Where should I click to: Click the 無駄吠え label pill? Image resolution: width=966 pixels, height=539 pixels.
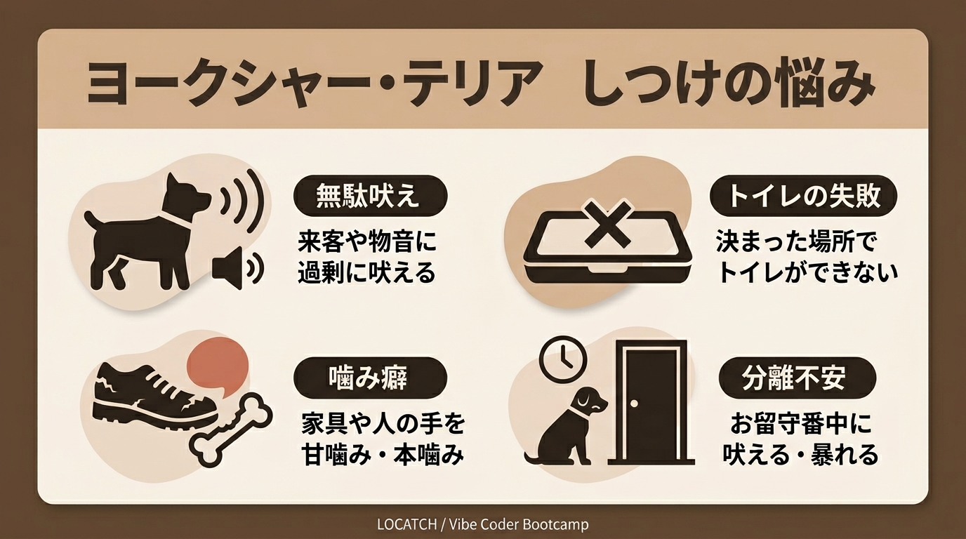(x=370, y=197)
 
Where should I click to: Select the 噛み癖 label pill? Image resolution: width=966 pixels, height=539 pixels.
(x=370, y=378)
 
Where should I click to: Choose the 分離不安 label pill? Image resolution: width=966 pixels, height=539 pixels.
(x=798, y=378)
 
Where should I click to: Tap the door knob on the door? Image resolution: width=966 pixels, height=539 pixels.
(x=633, y=404)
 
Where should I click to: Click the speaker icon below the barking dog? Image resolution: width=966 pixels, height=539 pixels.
(x=237, y=269)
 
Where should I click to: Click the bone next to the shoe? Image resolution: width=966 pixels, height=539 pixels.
(x=232, y=428)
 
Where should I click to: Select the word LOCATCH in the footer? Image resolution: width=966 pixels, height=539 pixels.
(x=406, y=524)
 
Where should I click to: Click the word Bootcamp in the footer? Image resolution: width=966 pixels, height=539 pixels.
(x=555, y=524)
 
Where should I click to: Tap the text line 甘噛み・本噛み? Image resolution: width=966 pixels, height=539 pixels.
(x=383, y=455)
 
